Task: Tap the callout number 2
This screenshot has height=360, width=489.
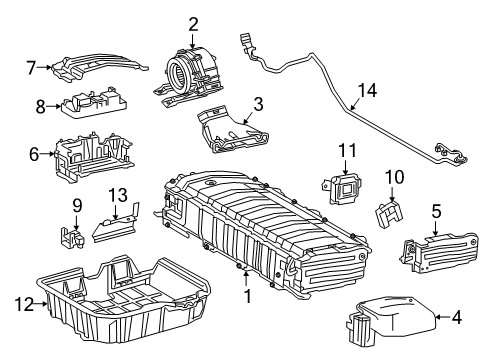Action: pyautogui.click(x=193, y=25)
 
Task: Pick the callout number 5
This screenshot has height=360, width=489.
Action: pyautogui.click(x=436, y=210)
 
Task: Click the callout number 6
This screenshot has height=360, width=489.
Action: pyautogui.click(x=35, y=153)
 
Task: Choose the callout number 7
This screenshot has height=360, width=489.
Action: pyautogui.click(x=32, y=68)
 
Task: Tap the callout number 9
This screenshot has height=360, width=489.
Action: pyautogui.click(x=75, y=207)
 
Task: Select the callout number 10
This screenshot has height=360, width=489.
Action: pyautogui.click(x=394, y=177)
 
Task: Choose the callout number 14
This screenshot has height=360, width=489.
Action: pyautogui.click(x=368, y=90)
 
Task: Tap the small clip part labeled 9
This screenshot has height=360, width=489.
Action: pyautogui.click(x=71, y=237)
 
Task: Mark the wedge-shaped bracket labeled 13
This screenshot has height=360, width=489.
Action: pyautogui.click(x=116, y=228)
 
